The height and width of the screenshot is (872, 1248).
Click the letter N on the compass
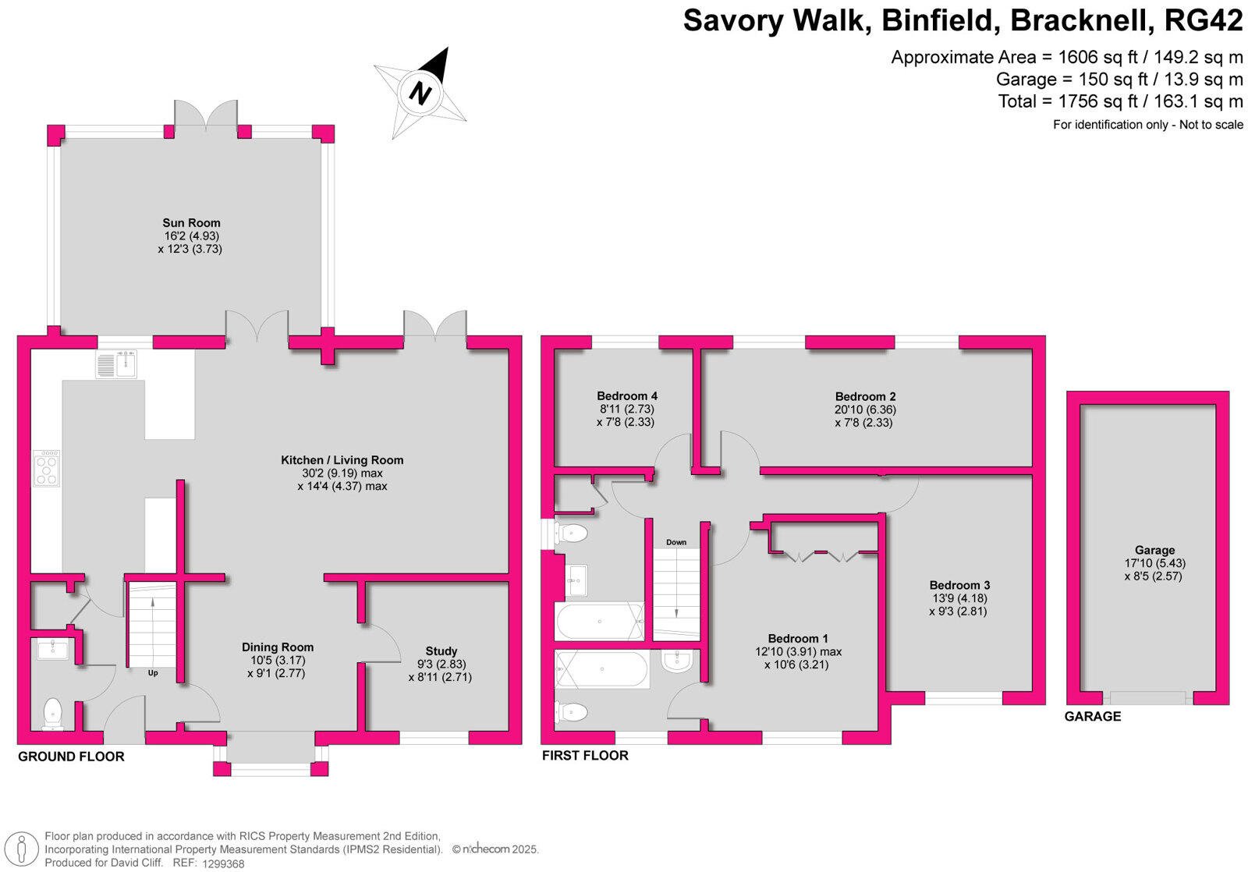[x=420, y=93]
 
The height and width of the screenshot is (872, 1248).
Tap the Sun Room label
[x=191, y=223]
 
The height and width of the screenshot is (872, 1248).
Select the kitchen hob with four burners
[x=46, y=469]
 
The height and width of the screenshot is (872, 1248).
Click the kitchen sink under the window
[x=116, y=364]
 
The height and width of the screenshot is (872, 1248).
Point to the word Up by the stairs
[x=153, y=673]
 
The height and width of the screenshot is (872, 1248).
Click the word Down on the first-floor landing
[x=675, y=542]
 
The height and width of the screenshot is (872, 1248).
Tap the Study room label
[x=441, y=650]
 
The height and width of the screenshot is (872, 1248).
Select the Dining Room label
[x=278, y=647]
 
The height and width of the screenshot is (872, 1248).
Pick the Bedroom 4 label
[x=627, y=396]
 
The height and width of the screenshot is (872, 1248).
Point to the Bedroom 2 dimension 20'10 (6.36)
[x=865, y=409]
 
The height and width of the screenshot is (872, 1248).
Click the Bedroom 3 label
[x=959, y=585]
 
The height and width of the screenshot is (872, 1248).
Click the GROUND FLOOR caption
[x=71, y=756]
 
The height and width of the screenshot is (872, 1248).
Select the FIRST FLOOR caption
[x=585, y=755]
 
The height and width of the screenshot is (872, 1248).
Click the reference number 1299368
[x=223, y=863]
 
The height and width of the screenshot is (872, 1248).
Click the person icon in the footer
[x=22, y=849]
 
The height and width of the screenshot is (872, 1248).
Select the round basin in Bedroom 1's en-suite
[x=678, y=661]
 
